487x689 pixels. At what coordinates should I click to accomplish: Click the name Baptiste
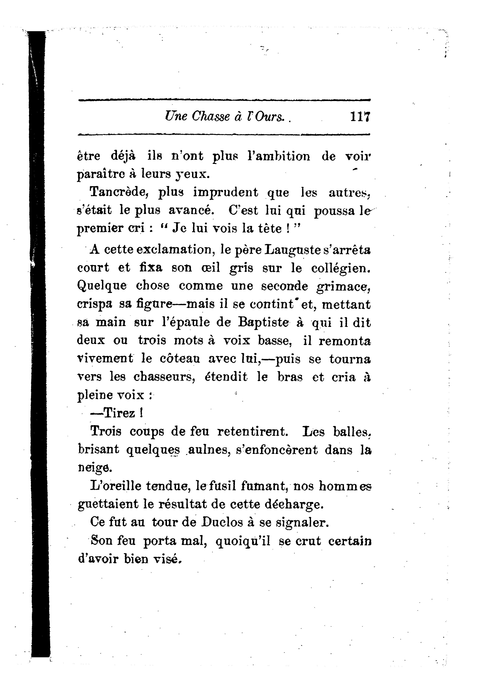[x=263, y=323]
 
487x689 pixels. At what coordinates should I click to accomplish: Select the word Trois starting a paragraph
[x=106, y=432]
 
